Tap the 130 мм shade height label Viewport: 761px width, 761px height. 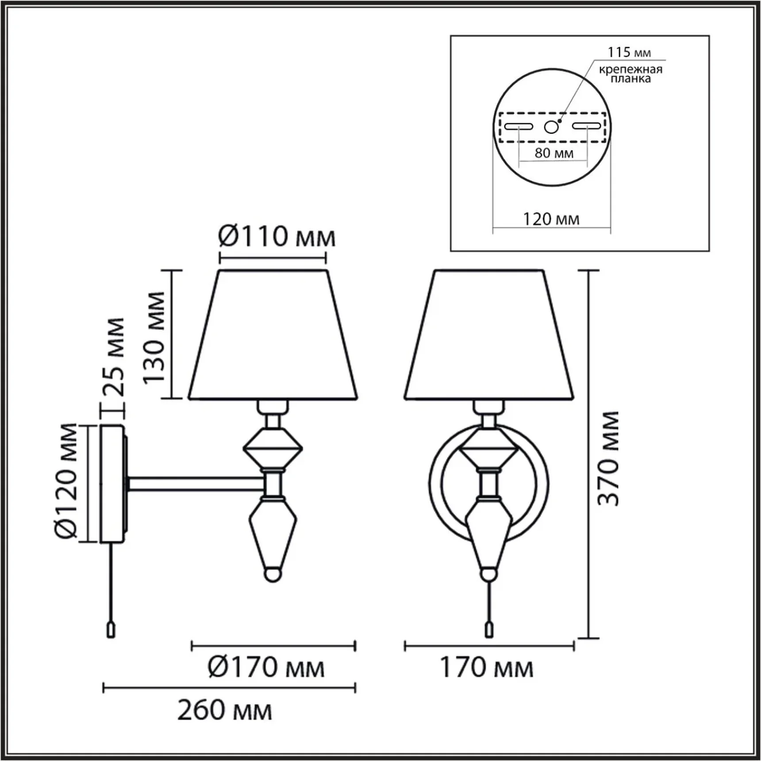(x=154, y=337)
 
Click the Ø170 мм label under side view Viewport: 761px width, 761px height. (x=266, y=668)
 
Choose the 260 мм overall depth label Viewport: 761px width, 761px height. (x=225, y=710)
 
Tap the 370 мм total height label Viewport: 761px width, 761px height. (x=608, y=458)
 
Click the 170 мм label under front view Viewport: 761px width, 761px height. (x=486, y=668)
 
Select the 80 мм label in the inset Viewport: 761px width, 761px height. (x=554, y=153)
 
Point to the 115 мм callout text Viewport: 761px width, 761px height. (x=629, y=52)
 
